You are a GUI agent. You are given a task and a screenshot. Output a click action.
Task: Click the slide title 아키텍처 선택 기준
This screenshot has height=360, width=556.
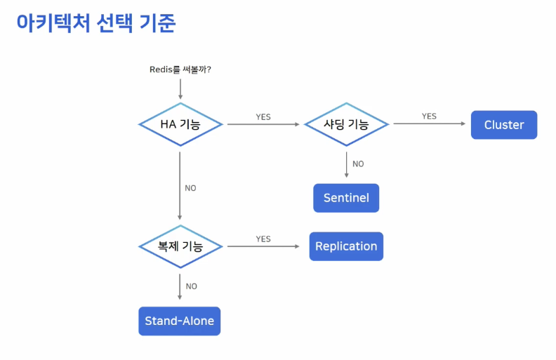pos(95,23)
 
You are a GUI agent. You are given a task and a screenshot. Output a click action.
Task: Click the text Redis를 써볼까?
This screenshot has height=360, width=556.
pos(180,69)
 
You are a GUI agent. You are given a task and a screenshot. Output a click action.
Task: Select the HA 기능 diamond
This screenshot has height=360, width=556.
pos(180,125)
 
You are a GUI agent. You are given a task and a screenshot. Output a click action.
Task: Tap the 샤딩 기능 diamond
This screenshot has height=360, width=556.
pos(346,125)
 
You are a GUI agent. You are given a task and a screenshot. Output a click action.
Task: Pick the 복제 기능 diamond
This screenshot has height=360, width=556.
pos(180,246)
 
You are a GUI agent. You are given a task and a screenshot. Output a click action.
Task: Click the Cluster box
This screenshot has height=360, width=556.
pos(503,125)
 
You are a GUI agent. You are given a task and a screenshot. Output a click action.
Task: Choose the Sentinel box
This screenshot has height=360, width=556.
pos(346,198)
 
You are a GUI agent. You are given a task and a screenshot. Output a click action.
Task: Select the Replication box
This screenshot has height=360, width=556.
pos(346,246)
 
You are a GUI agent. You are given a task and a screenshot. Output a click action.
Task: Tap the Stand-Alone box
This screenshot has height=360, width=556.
pos(179,321)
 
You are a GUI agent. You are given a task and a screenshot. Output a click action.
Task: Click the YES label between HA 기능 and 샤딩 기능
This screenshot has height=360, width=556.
pos(263,117)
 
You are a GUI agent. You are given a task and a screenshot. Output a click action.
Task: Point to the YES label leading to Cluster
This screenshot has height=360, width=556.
pos(429,116)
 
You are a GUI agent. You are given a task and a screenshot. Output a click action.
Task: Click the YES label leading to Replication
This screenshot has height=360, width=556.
pos(263,239)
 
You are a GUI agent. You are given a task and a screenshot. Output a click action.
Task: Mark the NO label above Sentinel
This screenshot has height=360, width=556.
pos(358,164)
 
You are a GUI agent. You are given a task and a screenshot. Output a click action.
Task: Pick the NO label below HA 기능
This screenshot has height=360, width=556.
pos(190,188)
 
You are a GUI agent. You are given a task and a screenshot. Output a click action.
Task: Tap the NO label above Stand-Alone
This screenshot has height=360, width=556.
pos(191,286)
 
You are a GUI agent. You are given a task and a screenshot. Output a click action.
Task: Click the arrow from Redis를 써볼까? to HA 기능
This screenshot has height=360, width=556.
pos(180,88)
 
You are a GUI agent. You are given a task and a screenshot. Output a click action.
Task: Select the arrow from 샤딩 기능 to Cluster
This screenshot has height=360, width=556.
pos(429,124)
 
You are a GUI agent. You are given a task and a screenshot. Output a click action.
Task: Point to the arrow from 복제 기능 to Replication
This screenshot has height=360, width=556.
pos(265,246)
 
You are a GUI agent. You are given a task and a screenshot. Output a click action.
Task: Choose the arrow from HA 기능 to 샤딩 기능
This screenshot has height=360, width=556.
pos(263,125)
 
